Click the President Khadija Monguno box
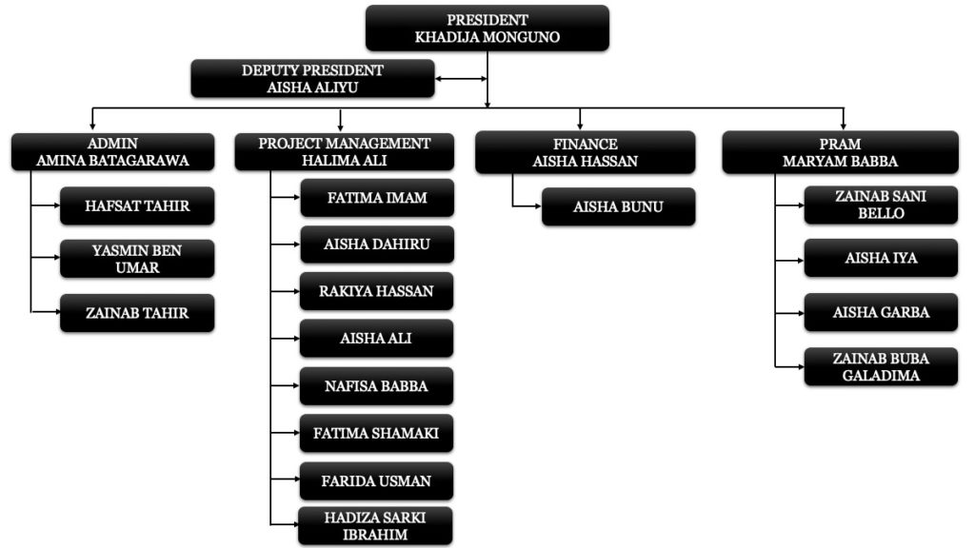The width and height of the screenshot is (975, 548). pos(487,28)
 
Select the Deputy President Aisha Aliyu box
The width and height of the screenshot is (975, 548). pos(312,78)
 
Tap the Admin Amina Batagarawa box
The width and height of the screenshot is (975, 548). pos(112,151)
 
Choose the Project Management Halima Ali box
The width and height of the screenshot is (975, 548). pos(344,151)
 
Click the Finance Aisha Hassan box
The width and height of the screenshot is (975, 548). pos(586,152)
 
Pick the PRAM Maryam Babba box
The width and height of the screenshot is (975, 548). pos(840,152)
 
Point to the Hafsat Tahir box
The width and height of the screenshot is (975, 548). pos(137,205)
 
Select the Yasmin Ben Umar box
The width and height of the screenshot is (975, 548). pos(137,259)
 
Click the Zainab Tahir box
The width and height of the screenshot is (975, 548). pos(137,312)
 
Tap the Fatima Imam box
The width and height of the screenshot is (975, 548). pos(377,198)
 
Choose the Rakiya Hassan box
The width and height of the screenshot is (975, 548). pos(376,291)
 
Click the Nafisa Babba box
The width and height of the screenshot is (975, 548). pos(376,386)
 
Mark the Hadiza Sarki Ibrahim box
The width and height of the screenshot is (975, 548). pos(375,525)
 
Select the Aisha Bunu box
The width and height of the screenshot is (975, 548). pos(618,206)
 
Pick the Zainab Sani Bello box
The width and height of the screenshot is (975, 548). pos(881,205)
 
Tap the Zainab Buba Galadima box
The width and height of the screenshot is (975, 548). pos(881,366)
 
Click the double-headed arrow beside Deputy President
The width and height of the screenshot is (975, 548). pos(461,79)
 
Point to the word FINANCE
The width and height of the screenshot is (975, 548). pos(586,144)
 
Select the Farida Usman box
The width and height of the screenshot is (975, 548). pos(376,480)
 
